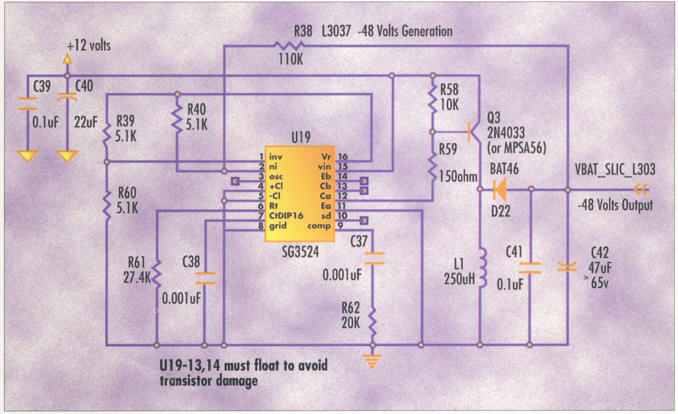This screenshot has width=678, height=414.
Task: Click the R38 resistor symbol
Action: [x=289, y=46]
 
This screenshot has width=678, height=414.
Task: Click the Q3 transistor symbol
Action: [x=474, y=132]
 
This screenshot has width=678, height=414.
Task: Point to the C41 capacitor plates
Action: [x=530, y=268]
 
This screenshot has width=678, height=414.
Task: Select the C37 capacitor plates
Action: [x=375, y=258]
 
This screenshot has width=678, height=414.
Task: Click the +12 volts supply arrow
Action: [x=67, y=59]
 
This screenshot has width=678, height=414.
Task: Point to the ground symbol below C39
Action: [x=28, y=156]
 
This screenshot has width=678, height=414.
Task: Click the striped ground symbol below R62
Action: [x=373, y=361]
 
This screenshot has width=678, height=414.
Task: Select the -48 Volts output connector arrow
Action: [x=641, y=190]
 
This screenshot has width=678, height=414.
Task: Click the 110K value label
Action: [x=291, y=59]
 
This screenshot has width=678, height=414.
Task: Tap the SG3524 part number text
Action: [x=300, y=252]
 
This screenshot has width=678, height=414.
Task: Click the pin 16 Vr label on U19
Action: [x=326, y=156]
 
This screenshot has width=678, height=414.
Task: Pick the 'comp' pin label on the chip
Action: [x=319, y=226]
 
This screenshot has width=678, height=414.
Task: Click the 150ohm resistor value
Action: [x=458, y=177]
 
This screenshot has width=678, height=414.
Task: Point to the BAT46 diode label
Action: [x=504, y=169]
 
